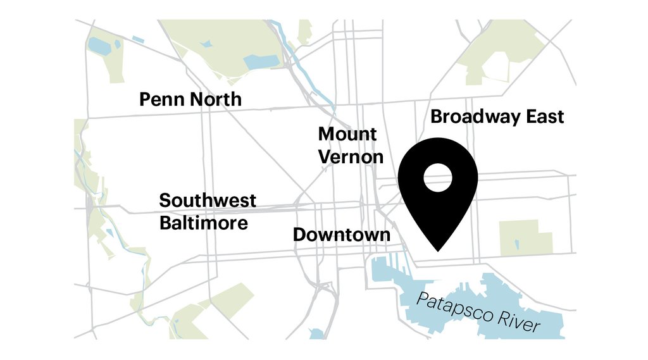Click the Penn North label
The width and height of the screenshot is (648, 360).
click(190, 99)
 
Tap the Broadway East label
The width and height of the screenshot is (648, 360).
click(497, 117)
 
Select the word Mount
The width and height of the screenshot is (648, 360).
click(347, 134)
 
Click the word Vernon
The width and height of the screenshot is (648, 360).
click(351, 156)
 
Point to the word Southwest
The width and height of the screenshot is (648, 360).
click(208, 201)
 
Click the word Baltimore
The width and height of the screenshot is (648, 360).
click(204, 223)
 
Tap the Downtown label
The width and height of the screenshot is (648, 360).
click(342, 235)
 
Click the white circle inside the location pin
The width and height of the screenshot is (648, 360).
click(437, 178)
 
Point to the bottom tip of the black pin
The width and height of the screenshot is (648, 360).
click(437, 251)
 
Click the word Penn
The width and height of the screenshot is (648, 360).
click(160, 99)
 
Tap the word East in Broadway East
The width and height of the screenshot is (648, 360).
click(539, 117)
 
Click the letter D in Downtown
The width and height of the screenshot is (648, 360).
click(299, 235)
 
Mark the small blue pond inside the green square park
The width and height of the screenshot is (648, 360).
click(516, 244)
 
